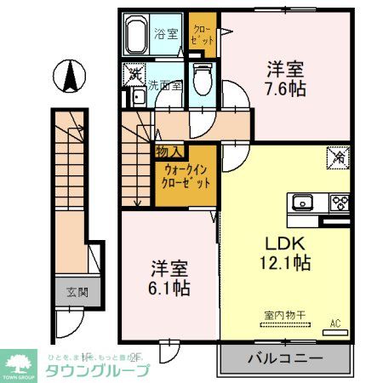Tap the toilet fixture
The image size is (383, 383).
(200, 83)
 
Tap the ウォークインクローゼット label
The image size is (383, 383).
(184, 175)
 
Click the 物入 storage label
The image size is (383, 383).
(166, 151)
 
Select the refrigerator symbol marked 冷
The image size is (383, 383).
(336, 157)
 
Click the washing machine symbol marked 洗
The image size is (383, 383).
(135, 73)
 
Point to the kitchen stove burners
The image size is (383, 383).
(340, 203)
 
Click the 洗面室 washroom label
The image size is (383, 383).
(165, 85)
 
